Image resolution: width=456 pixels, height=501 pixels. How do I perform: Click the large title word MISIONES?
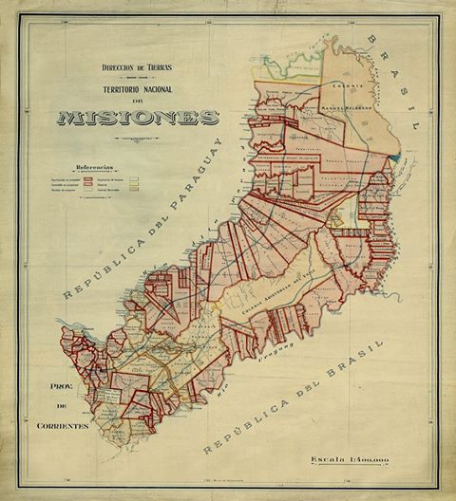point(137,119)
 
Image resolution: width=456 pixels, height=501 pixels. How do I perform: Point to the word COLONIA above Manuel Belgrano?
point(351,68)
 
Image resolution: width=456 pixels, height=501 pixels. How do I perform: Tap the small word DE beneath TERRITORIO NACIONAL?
point(137,99)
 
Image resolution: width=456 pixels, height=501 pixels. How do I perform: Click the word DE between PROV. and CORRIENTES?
point(58,407)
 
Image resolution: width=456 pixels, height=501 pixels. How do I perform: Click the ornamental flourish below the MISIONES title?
point(137,139)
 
